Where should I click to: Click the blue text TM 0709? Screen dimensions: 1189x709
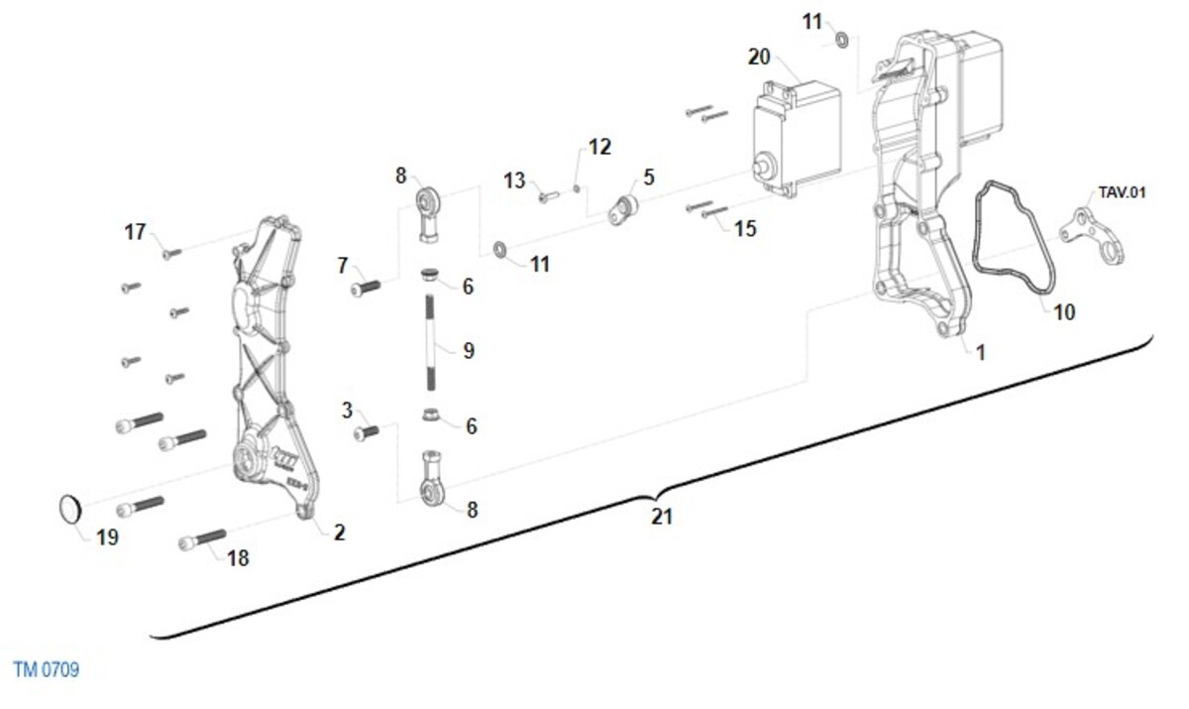point(47,669)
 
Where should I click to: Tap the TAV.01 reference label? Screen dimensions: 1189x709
point(1122,192)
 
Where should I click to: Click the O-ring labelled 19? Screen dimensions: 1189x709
point(70,510)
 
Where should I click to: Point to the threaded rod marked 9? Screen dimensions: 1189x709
point(430,343)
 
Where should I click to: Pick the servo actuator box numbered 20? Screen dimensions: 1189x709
point(798,140)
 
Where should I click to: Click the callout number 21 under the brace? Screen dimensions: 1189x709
point(662,517)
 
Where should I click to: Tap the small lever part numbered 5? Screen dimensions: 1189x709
point(622,210)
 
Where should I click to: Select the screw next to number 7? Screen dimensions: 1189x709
point(366,289)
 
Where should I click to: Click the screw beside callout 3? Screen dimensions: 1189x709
point(367,432)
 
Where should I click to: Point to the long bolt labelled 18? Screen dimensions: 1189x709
point(202,539)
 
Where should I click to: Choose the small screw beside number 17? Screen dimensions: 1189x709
point(172,254)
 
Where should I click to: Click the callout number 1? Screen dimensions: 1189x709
point(980,353)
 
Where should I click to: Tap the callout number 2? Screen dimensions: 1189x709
point(340,532)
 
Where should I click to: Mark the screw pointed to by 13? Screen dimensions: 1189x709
point(549,196)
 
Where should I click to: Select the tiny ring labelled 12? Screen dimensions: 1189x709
point(577,188)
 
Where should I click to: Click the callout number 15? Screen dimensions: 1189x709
point(745,229)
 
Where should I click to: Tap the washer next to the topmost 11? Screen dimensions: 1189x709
point(842,40)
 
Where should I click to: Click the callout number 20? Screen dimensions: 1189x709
point(759,57)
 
